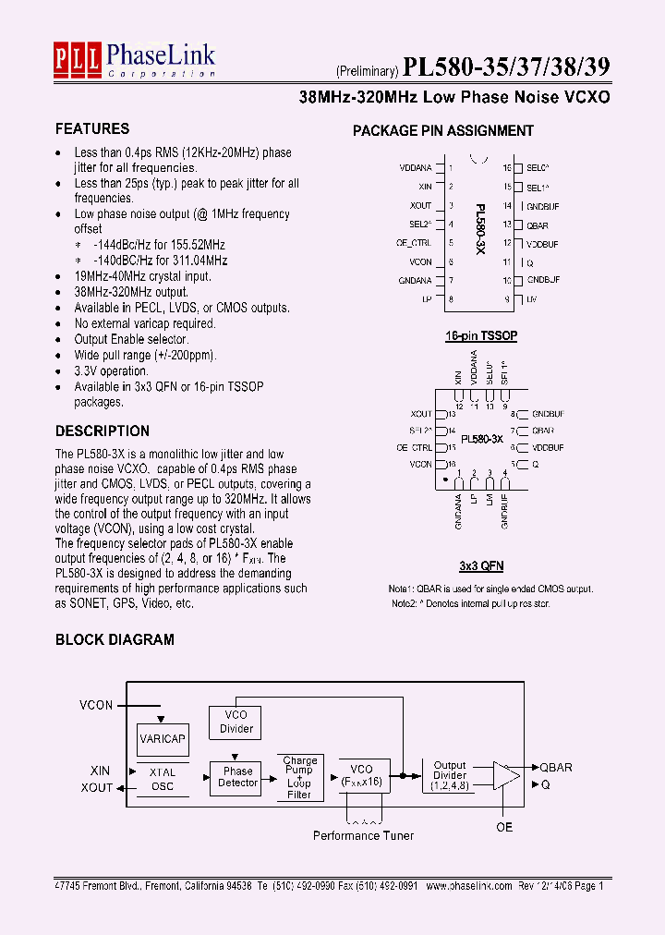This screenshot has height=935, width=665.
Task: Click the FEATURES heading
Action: click(92, 129)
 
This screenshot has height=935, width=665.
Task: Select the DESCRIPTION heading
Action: click(102, 431)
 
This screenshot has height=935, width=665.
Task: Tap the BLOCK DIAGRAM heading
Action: click(115, 639)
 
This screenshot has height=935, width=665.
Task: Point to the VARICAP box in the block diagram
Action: click(163, 739)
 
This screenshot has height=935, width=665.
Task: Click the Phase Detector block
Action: click(237, 777)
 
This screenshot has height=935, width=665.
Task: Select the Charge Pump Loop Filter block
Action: click(299, 777)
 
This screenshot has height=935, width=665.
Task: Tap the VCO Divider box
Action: click(236, 722)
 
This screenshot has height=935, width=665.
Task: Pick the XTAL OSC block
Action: click(162, 779)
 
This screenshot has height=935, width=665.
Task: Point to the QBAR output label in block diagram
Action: click(556, 768)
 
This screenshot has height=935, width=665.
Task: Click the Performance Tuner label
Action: click(363, 835)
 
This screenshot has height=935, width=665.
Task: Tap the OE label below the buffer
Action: click(504, 827)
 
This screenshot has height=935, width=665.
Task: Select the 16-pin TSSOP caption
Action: click(481, 336)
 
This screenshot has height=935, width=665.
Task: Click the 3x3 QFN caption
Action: click(481, 565)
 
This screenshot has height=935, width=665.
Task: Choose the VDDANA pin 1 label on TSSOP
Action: click(415, 168)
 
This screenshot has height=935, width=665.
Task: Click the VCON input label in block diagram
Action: click(96, 705)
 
